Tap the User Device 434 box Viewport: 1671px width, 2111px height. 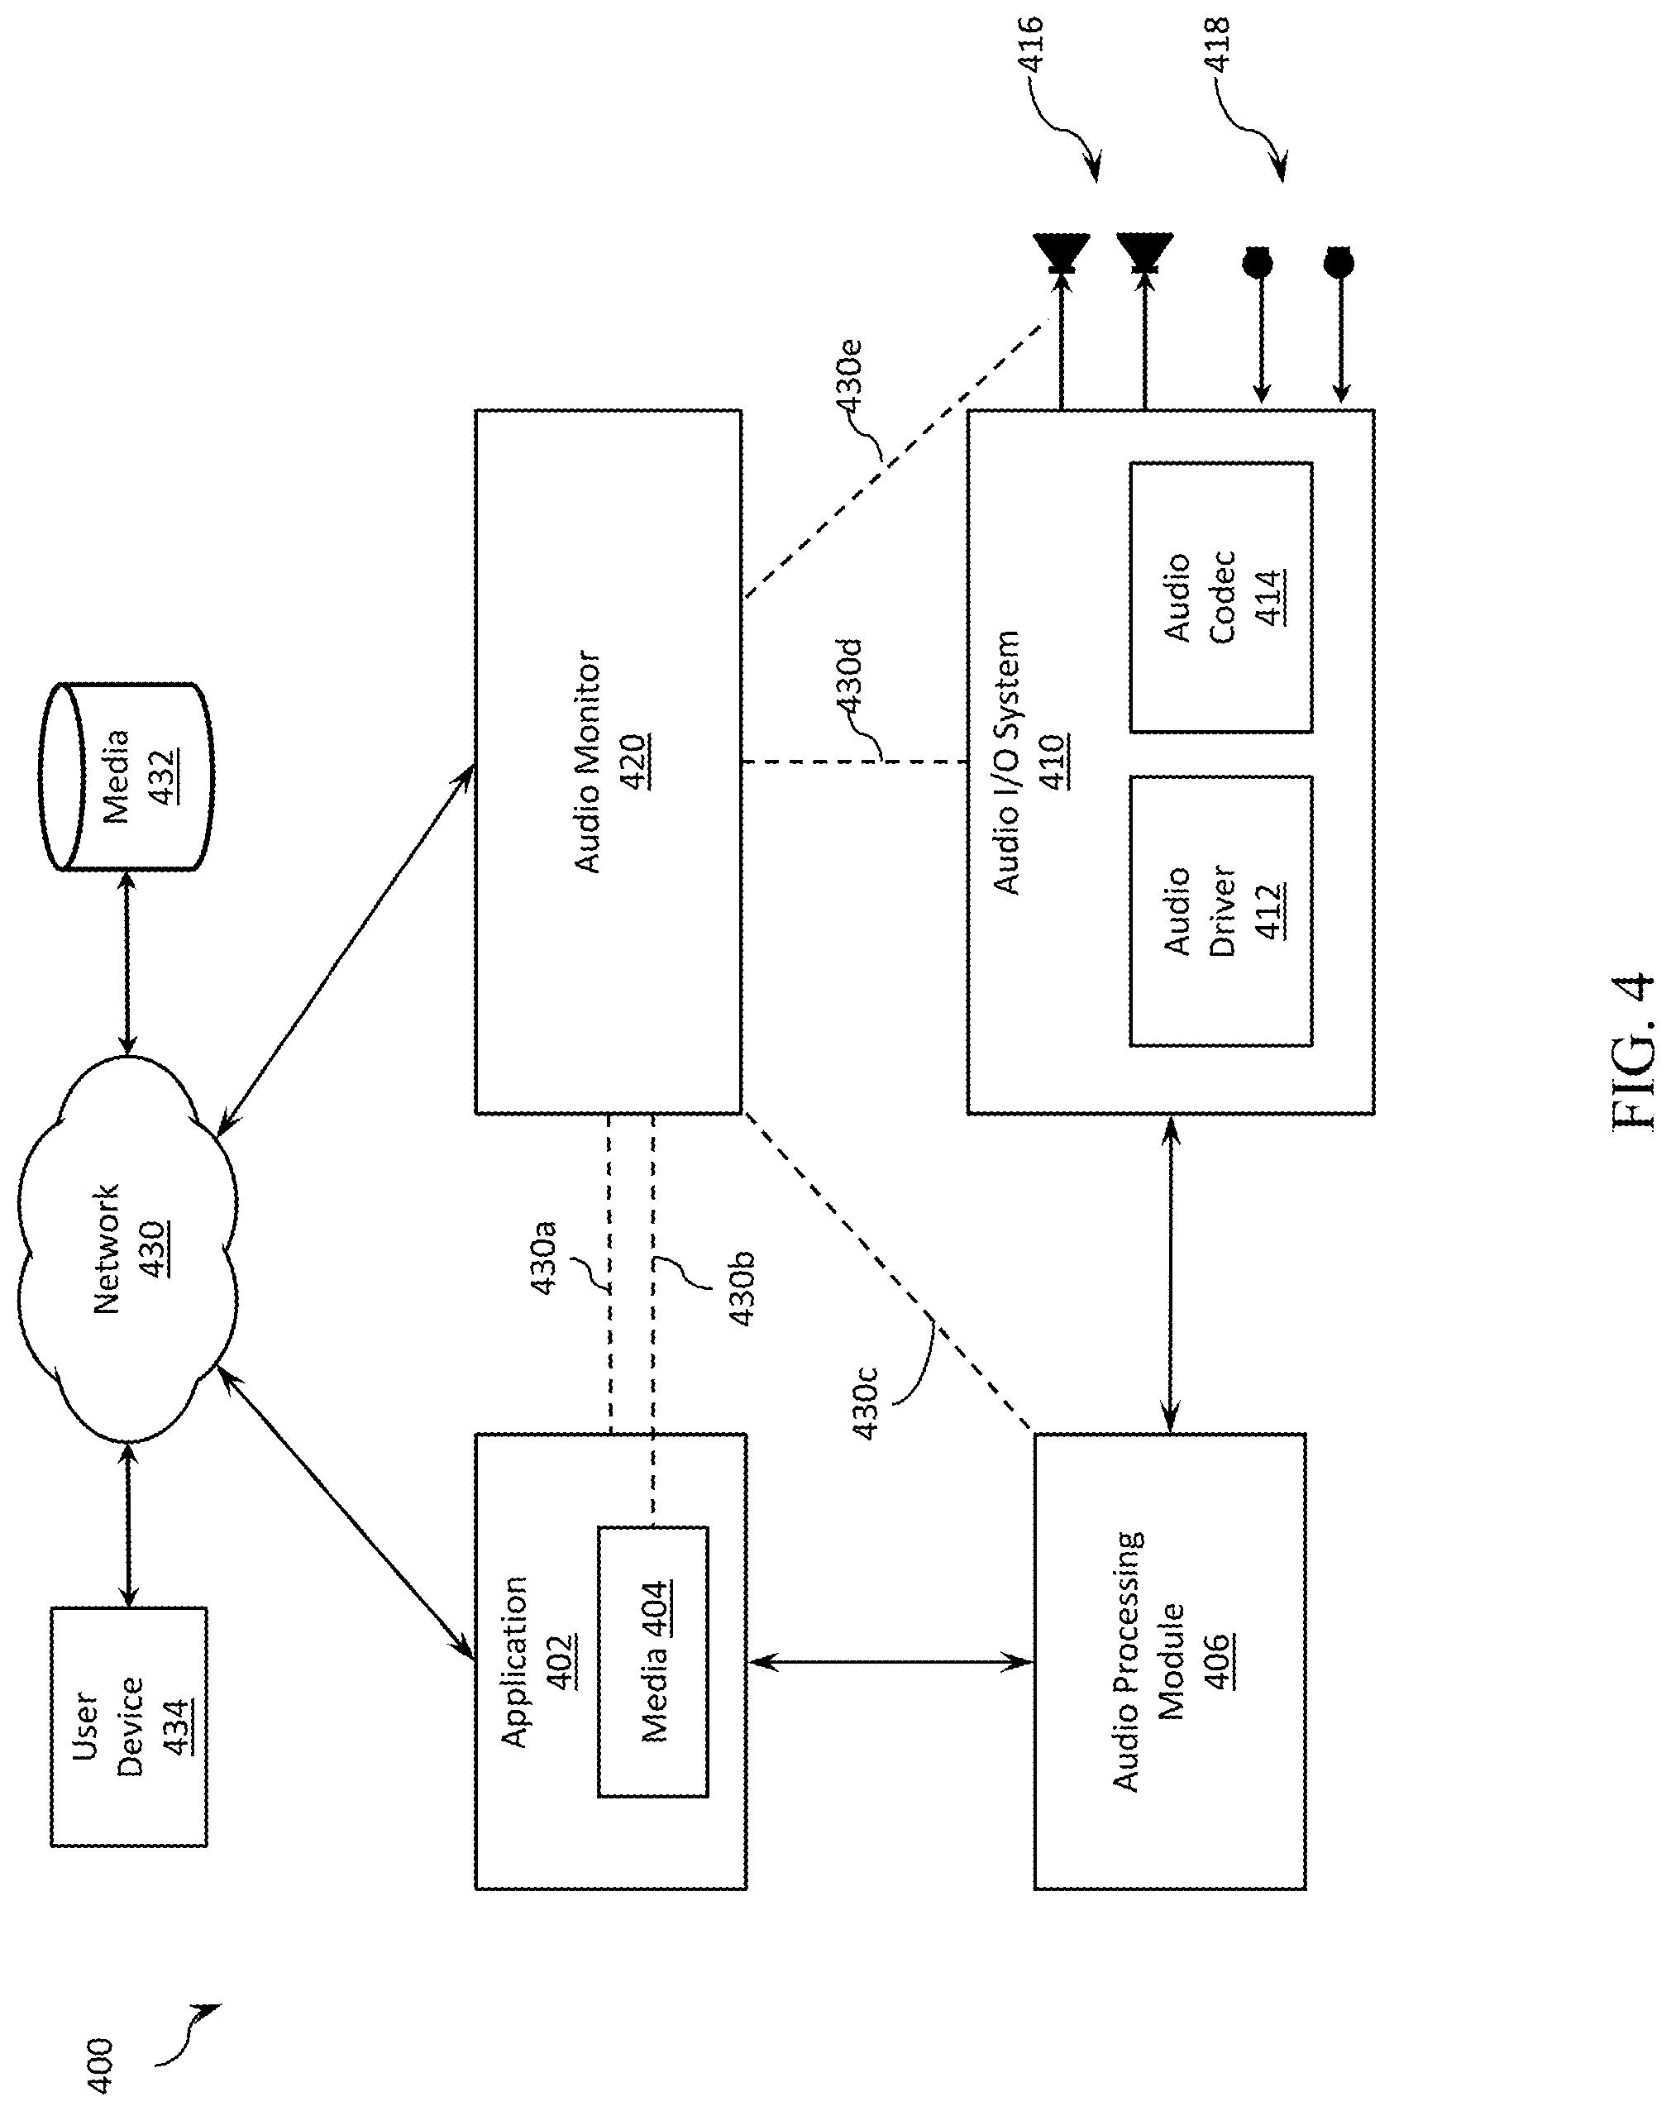tap(129, 1726)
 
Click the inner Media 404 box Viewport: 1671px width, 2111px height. tap(653, 1661)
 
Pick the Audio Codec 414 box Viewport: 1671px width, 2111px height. tap(1221, 597)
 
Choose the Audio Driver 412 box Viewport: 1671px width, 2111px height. tap(1221, 910)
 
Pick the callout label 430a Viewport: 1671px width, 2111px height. tap(543, 1257)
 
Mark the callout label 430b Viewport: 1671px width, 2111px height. tap(742, 1287)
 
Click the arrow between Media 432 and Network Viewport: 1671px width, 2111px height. tap(127, 963)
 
